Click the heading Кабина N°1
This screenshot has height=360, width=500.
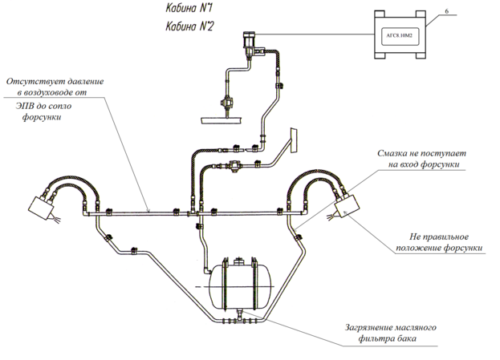coord(189,9)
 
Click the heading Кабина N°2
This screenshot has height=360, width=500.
coord(189,26)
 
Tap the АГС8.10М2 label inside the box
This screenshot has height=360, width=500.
coord(399,36)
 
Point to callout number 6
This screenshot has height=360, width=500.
coord(446,11)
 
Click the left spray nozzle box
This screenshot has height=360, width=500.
coord(41,208)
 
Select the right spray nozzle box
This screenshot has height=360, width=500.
coord(347,206)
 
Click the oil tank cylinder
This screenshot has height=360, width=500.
coord(239,285)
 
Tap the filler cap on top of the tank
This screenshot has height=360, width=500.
coord(239,261)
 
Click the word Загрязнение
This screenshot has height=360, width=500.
coord(368,328)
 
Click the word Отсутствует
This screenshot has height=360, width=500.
coord(31,81)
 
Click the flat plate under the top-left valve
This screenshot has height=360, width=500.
coord(221,121)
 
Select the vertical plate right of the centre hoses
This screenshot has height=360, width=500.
coord(294,140)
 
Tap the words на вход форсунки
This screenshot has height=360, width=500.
coord(424,164)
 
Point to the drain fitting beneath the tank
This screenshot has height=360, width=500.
coord(239,315)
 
